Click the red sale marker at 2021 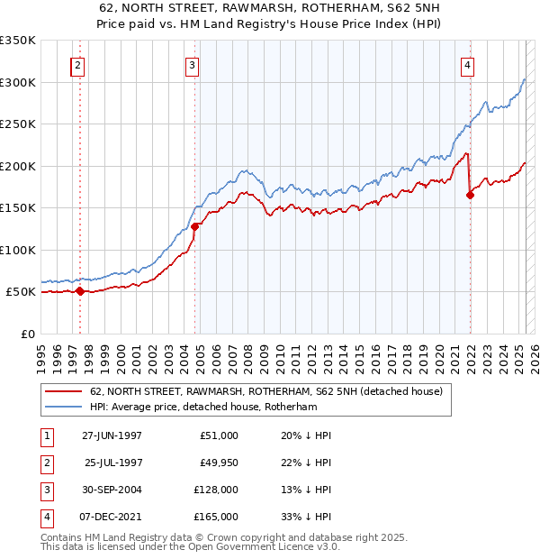[x=470, y=194]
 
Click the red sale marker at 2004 [x=194, y=226]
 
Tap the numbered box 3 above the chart [x=193, y=64]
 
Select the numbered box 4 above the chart [x=468, y=64]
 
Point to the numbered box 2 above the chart [x=78, y=64]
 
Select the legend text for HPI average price [x=216, y=407]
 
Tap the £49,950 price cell [x=216, y=463]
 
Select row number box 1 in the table [x=46, y=435]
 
